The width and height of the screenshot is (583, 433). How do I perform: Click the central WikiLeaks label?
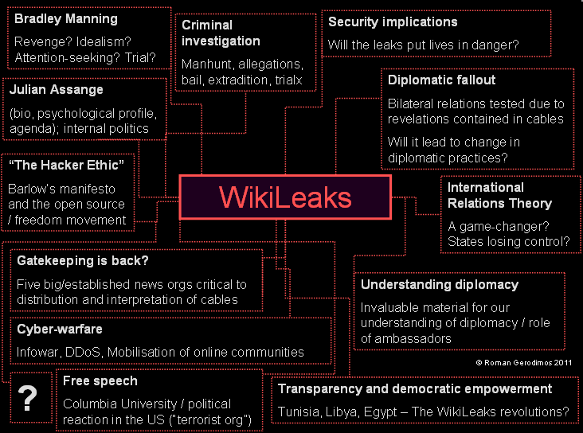tap(285, 197)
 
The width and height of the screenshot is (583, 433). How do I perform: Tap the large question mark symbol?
tap(28, 397)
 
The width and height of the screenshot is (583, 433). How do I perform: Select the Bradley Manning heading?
tap(66, 18)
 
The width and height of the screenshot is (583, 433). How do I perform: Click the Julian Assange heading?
tap(57, 91)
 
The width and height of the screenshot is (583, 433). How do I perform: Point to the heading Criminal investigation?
tap(221, 33)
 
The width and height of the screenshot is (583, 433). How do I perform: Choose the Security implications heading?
tap(393, 22)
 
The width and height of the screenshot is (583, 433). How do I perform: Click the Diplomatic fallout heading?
tap(441, 80)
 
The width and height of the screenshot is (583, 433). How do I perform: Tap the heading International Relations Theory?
tap(499, 195)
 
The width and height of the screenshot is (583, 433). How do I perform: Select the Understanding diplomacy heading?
tap(440, 284)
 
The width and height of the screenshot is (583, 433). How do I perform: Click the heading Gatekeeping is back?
tap(83, 260)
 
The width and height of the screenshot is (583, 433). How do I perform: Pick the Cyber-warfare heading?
tap(60, 329)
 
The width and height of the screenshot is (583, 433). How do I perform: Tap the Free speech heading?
tap(100, 381)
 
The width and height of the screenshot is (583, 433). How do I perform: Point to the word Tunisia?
tap(299, 412)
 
